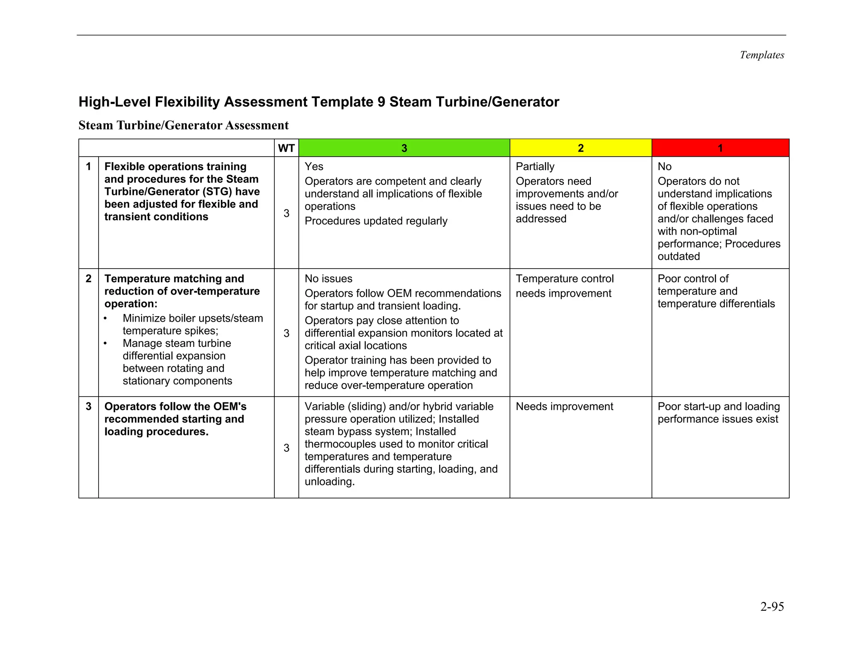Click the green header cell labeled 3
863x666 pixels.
pyautogui.click(x=404, y=148)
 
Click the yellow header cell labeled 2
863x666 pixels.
pyautogui.click(x=580, y=148)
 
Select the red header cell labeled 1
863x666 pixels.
pyautogui.click(x=720, y=148)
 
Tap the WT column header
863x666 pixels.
pyautogui.click(x=286, y=148)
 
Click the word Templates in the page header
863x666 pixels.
pyautogui.click(x=761, y=55)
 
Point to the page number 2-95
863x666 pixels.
pyautogui.click(x=772, y=607)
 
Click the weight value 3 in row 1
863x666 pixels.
pyautogui.click(x=286, y=213)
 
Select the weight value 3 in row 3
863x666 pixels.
pyautogui.click(x=286, y=448)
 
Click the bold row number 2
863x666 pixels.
pyautogui.click(x=88, y=279)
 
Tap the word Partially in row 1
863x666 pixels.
pyautogui.click(x=535, y=167)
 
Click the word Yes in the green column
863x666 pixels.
pyautogui.click(x=314, y=167)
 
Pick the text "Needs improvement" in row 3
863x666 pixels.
pyautogui.click(x=564, y=407)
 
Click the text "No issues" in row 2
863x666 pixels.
pyautogui.click(x=328, y=279)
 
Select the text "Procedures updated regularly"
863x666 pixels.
pyautogui.click(x=376, y=221)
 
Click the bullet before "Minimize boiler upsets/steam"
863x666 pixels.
pyautogui.click(x=105, y=319)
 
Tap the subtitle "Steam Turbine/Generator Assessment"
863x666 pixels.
pyautogui.click(x=183, y=125)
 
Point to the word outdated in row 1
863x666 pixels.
pyautogui.click(x=678, y=256)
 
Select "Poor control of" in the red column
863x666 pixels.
pyautogui.click(x=693, y=279)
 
